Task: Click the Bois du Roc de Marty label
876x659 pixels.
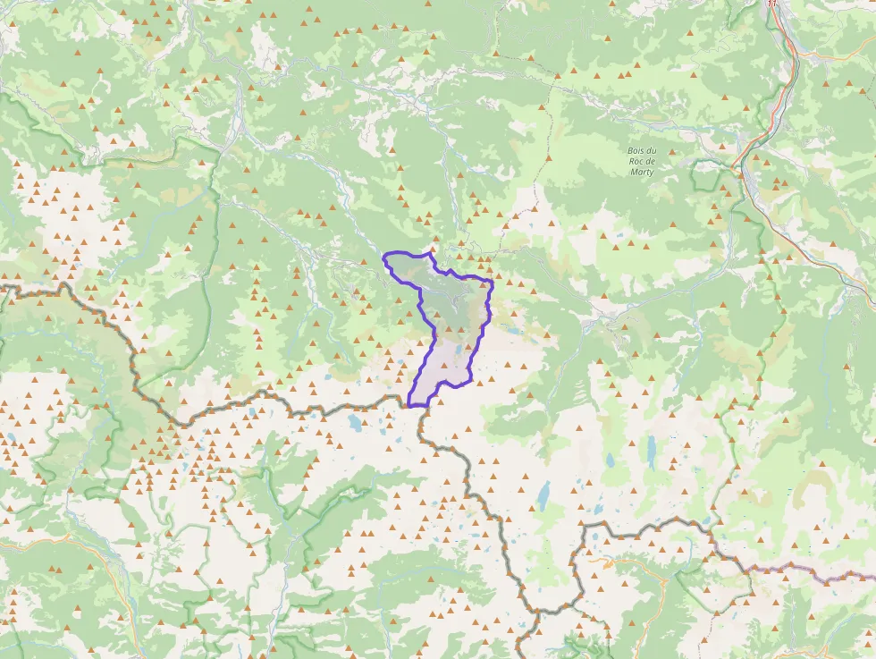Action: point(641,160)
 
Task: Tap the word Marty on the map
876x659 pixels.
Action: point(641,172)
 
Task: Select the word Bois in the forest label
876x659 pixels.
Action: point(636,149)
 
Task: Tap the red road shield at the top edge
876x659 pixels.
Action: point(773,4)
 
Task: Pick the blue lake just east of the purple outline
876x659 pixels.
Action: point(516,330)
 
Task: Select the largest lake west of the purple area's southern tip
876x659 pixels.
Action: point(357,423)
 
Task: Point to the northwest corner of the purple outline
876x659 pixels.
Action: point(384,256)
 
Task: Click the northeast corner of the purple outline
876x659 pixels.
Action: point(491,282)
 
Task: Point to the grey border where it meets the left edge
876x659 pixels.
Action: point(4,288)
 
